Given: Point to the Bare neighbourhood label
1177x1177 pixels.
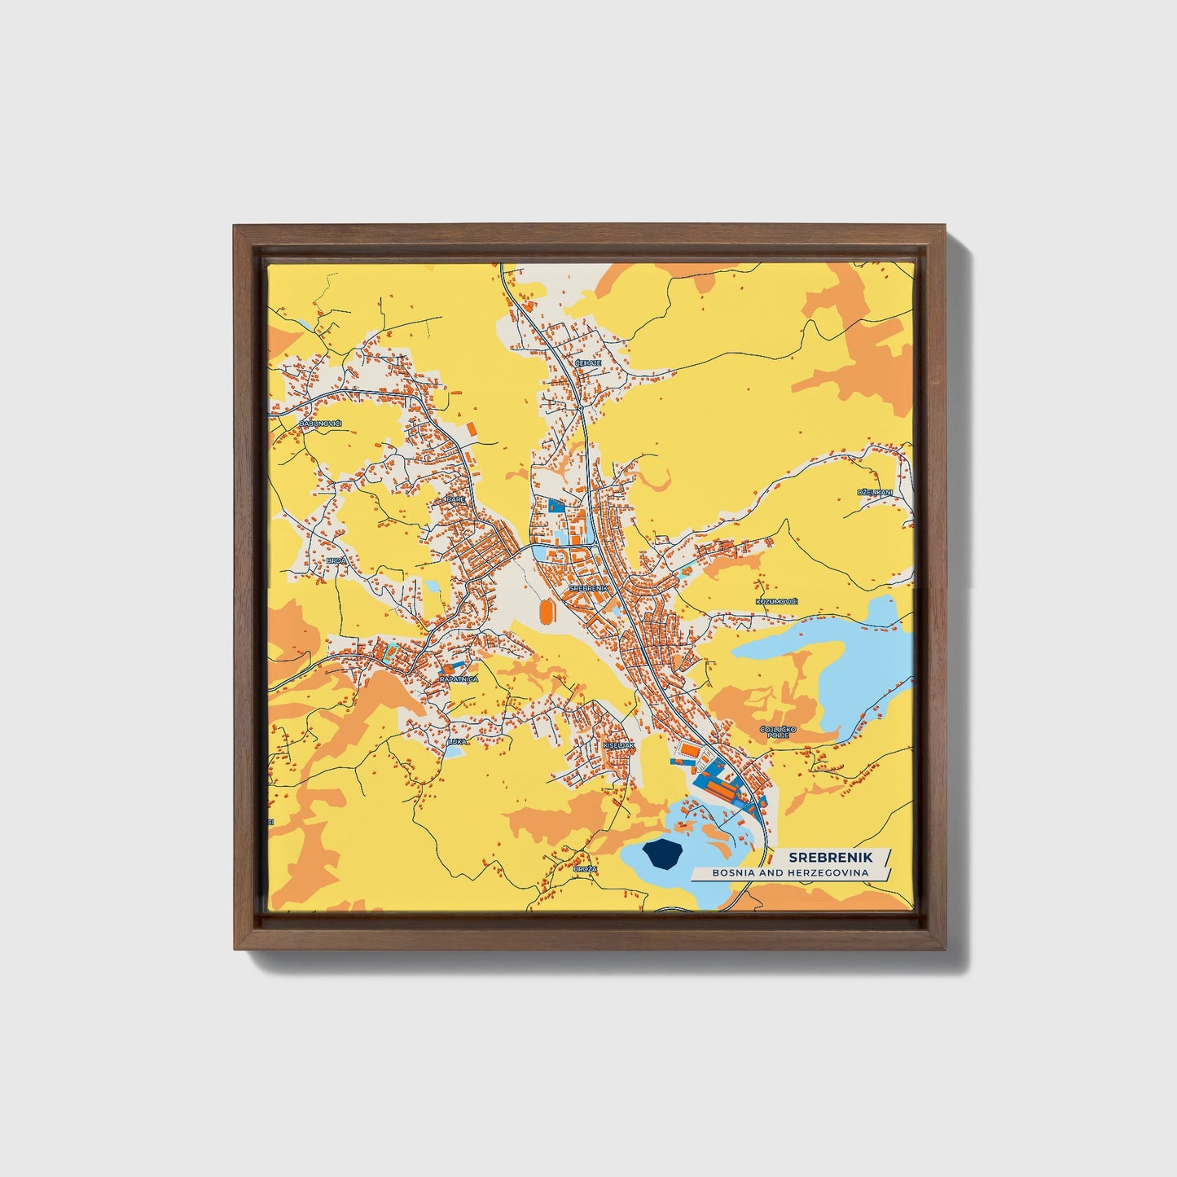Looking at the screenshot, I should point(455,499).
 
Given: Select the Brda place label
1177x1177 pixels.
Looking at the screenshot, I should point(336,560).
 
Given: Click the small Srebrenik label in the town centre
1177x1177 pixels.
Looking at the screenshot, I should point(589,587).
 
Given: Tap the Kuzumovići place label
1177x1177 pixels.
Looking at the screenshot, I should point(777,601).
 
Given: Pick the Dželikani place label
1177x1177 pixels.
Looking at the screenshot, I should point(875,493).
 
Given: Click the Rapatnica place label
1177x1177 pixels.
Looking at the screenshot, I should point(459,679).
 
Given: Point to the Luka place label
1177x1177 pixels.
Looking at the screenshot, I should point(457,741).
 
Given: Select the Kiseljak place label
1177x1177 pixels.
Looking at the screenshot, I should point(618,744).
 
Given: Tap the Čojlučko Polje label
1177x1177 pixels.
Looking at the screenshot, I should point(775,731).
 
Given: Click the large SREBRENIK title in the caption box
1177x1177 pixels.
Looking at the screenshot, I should point(830,857).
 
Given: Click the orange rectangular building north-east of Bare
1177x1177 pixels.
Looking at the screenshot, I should point(471,428).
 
